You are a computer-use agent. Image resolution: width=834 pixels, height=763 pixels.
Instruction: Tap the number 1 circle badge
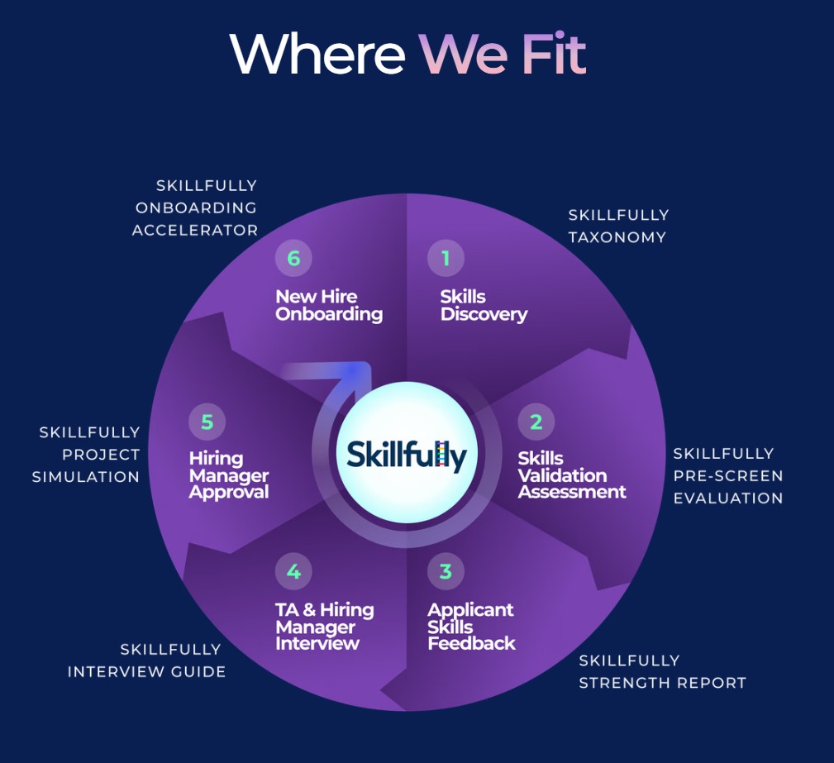446,259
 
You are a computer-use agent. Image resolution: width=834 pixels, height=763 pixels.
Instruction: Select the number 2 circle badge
536,422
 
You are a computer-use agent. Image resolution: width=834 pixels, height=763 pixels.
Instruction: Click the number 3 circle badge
446,571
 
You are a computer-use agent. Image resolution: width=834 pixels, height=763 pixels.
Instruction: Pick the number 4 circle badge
293,571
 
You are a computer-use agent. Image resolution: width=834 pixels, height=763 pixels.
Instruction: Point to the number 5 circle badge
207,422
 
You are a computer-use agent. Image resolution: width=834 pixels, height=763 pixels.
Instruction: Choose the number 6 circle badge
293,259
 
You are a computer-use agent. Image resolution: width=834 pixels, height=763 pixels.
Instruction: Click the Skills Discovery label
484,305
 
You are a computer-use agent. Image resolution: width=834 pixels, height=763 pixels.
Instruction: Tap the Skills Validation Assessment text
572,475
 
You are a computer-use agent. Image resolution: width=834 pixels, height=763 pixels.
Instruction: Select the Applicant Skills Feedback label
471,627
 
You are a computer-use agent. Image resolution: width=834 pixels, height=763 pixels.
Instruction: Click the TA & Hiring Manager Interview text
324,627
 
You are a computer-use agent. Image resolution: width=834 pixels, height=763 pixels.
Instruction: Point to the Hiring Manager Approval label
229,475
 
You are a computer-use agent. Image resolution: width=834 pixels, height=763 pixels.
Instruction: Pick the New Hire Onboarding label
329,305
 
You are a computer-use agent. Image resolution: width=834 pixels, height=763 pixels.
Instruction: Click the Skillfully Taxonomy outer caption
617,226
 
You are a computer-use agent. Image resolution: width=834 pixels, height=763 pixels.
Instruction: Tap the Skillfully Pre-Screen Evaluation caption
727,475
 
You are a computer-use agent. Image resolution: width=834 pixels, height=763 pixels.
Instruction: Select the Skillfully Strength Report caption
662,671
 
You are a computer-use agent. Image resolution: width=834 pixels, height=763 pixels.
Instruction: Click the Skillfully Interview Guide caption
147,660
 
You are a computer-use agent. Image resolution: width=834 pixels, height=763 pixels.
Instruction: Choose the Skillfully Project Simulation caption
86,454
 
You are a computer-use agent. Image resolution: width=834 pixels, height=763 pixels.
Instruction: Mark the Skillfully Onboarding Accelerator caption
196,207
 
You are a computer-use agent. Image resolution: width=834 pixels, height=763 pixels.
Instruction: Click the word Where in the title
317,55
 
